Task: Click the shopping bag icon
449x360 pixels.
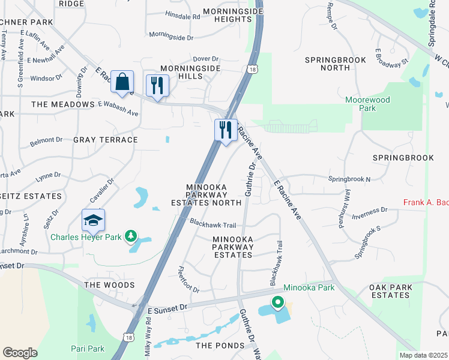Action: tap(122, 82)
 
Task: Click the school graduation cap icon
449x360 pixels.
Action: tap(93, 221)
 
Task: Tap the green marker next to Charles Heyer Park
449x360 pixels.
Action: tap(130, 237)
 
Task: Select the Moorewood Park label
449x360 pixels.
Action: tap(367, 104)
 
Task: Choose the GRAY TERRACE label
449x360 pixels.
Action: tap(106, 140)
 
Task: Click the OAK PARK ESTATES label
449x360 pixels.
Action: tap(390, 291)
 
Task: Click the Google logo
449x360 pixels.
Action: tap(20, 353)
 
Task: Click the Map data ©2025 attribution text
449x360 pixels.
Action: tap(423, 355)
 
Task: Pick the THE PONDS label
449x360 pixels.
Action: tap(220, 346)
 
